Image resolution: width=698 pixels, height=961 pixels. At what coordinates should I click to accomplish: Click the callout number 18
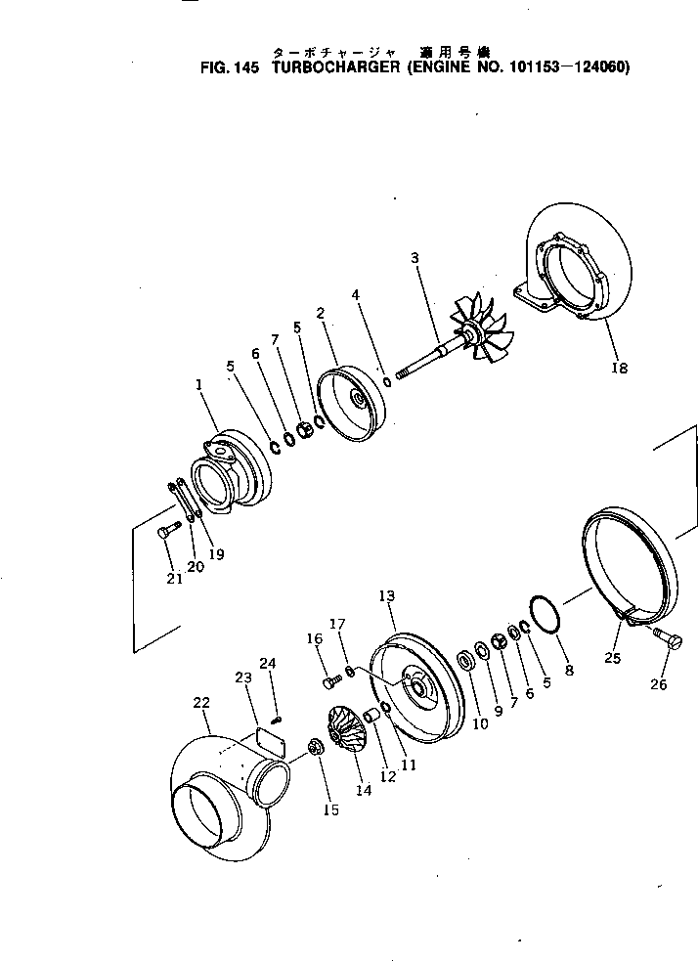pyautogui.click(x=619, y=369)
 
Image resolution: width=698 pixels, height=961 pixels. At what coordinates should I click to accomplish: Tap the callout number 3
pyautogui.click(x=415, y=258)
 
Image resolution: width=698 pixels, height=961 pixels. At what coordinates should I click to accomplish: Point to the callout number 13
pyautogui.click(x=386, y=594)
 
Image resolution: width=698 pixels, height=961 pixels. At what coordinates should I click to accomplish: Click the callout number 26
pyautogui.click(x=659, y=684)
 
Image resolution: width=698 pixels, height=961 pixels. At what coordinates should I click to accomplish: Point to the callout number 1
pyautogui.click(x=198, y=385)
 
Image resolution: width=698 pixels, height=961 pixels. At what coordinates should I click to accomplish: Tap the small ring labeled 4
pyautogui.click(x=387, y=380)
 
